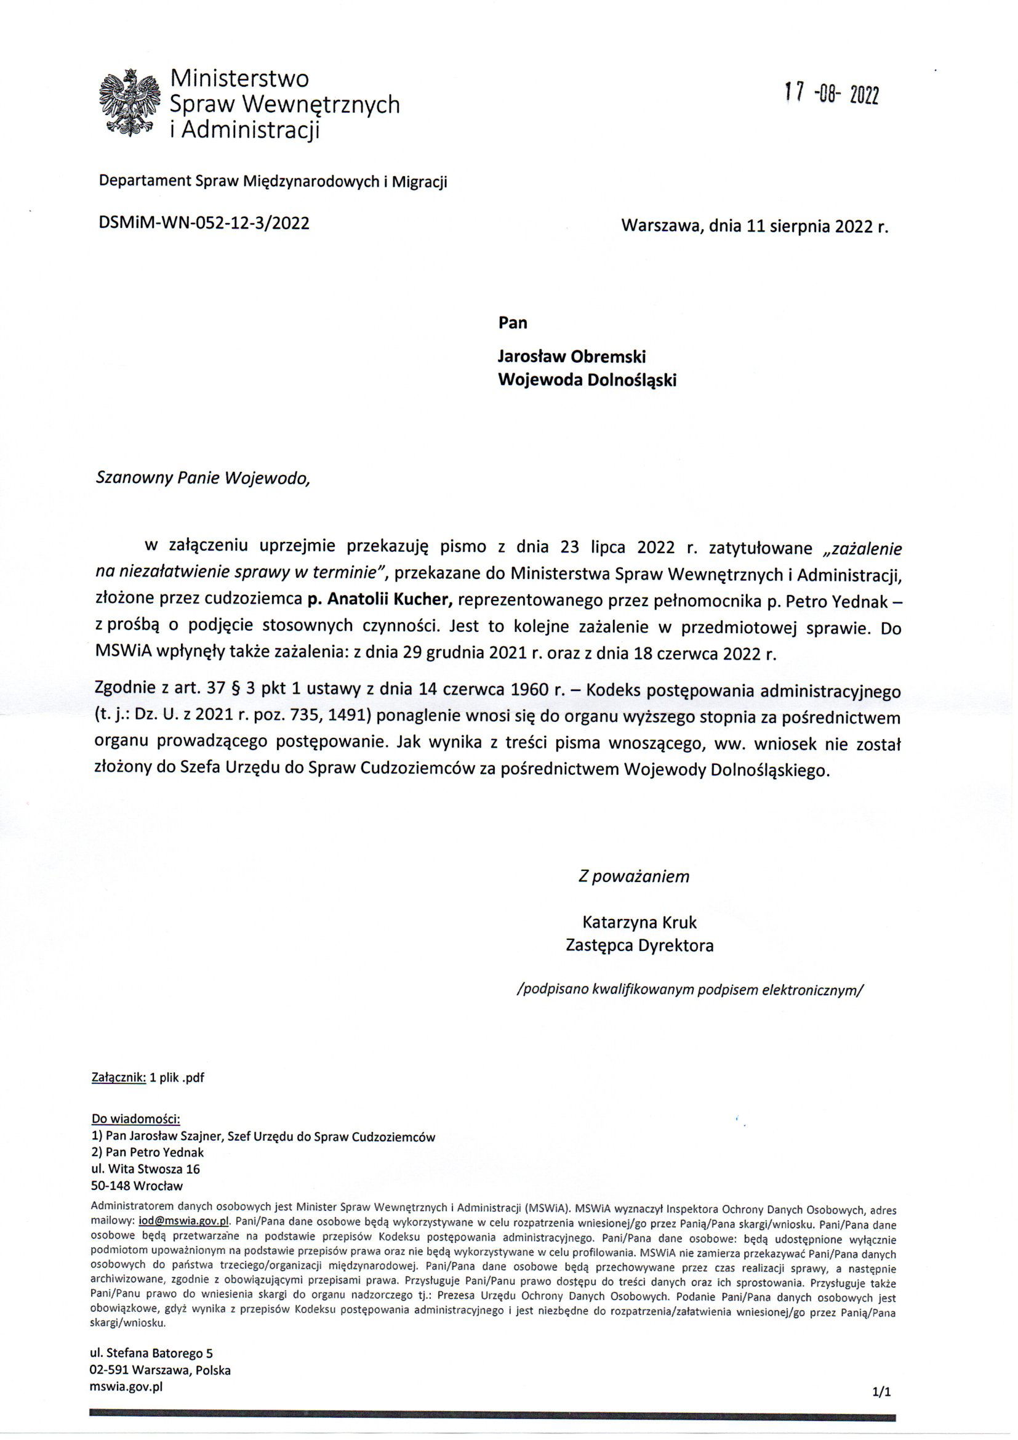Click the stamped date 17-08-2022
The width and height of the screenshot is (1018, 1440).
point(831,95)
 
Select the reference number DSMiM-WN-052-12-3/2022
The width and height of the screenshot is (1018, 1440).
point(204,224)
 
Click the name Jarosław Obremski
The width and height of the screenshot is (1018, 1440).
point(571,357)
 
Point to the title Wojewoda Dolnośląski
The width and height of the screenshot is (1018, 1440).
point(587,380)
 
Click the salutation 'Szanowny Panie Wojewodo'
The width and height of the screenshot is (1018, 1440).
point(202,479)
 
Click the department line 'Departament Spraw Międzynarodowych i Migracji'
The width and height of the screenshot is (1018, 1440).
point(273,182)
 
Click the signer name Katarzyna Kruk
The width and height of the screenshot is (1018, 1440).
point(639,922)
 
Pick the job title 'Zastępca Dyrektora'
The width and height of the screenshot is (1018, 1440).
point(639,945)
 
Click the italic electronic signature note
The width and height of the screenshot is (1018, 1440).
point(689,990)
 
